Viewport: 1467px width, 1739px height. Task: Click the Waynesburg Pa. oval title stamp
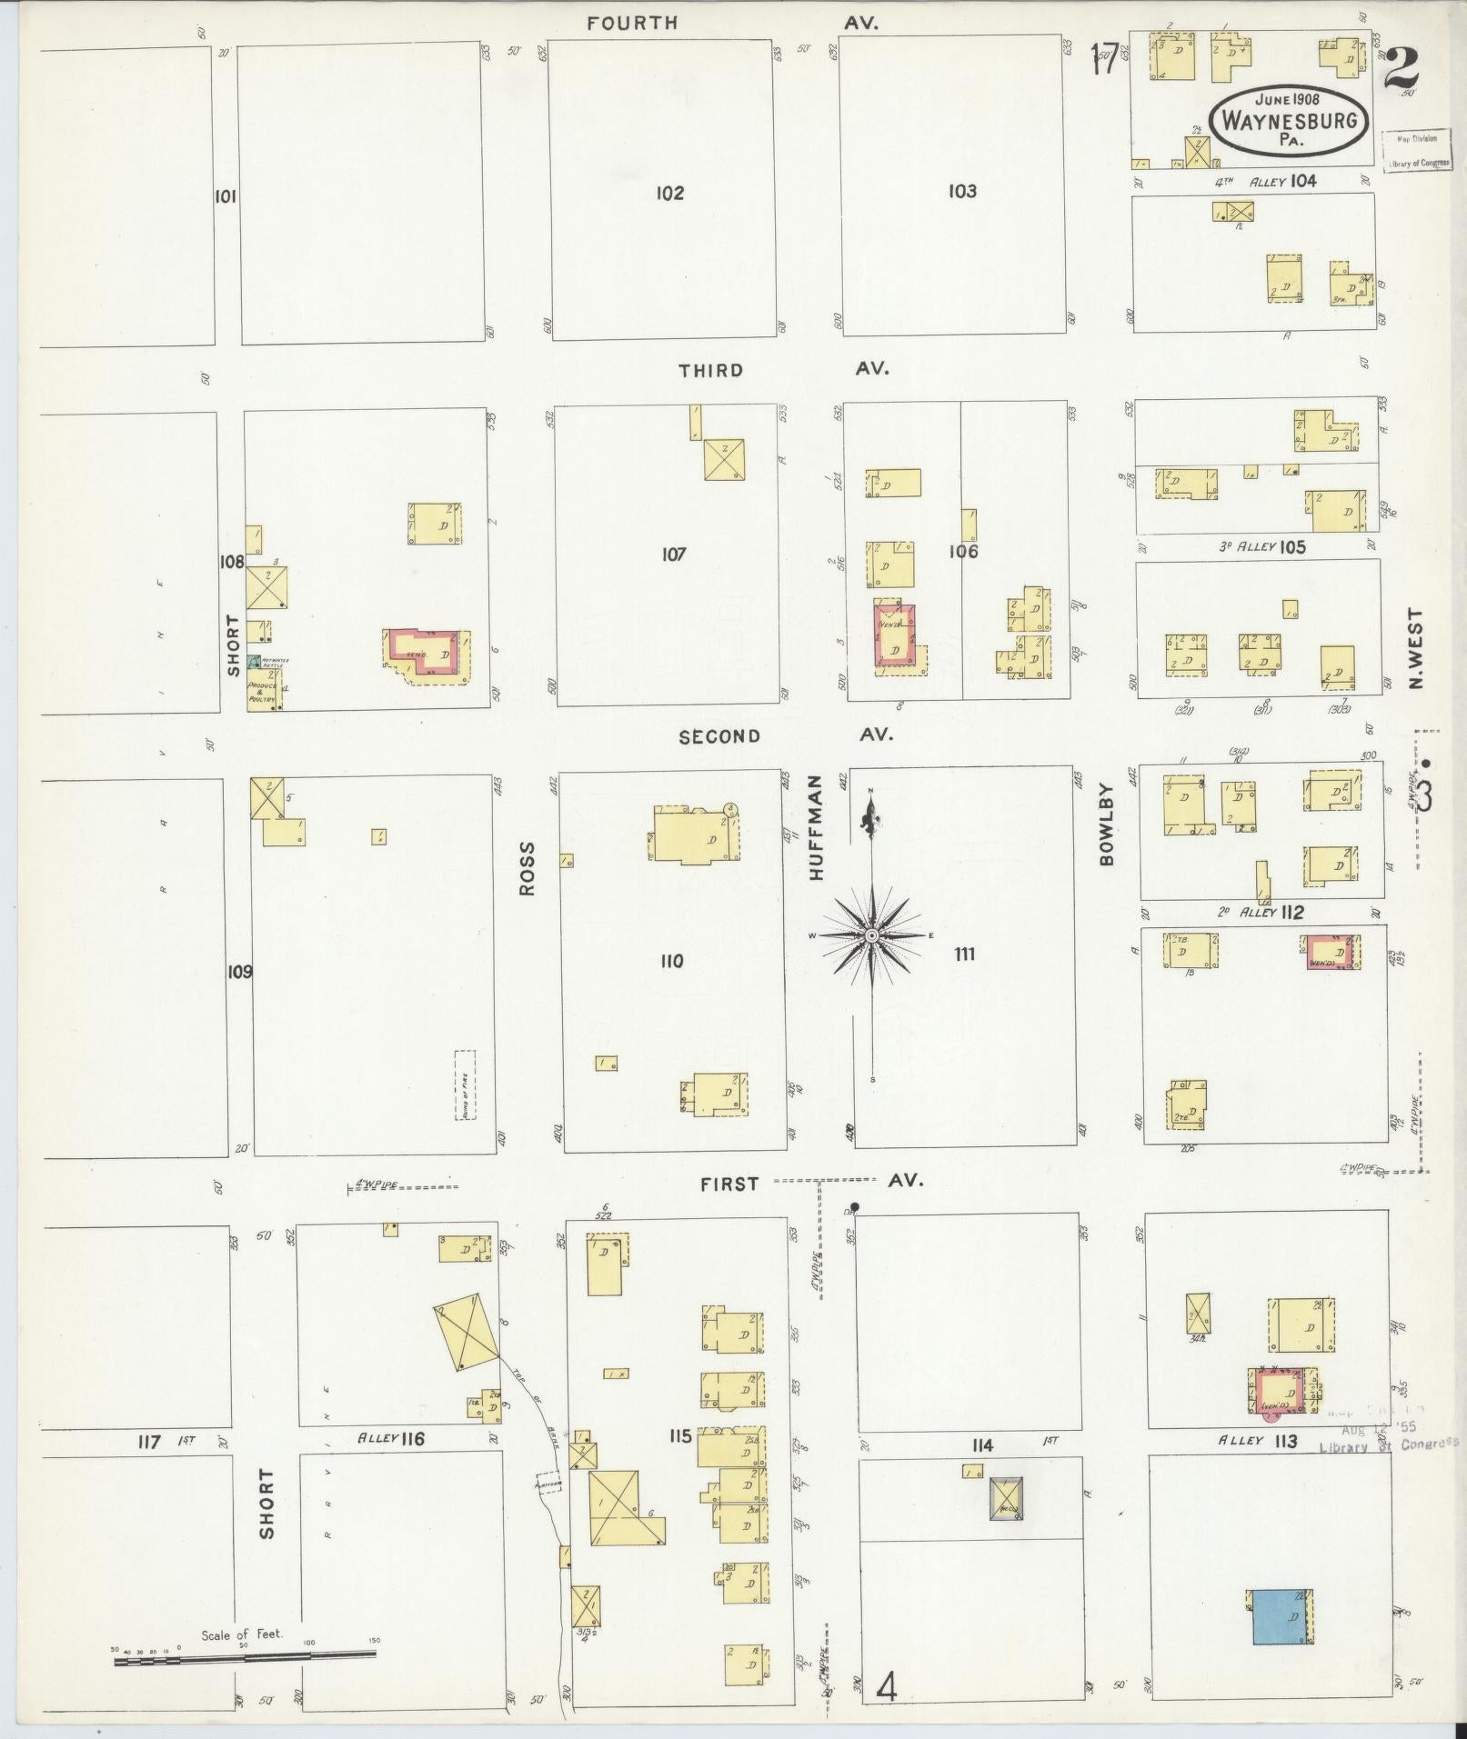coord(1290,119)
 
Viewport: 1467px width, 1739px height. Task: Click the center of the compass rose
coord(871,934)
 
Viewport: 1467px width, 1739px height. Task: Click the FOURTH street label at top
coord(632,24)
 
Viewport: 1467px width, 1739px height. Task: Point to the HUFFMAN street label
coord(815,826)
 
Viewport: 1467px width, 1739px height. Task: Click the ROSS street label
coord(528,868)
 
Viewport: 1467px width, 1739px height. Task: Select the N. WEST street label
coord(1416,649)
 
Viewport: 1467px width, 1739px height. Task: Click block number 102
coord(669,193)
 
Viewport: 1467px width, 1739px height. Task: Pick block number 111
coord(964,954)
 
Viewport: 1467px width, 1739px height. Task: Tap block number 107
coord(673,554)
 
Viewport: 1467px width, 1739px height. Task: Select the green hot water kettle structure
coord(254,661)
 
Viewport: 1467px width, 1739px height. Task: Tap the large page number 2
coord(1401,67)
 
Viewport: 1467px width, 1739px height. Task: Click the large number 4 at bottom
coord(887,1687)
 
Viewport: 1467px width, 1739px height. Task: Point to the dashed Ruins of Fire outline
coord(466,1084)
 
